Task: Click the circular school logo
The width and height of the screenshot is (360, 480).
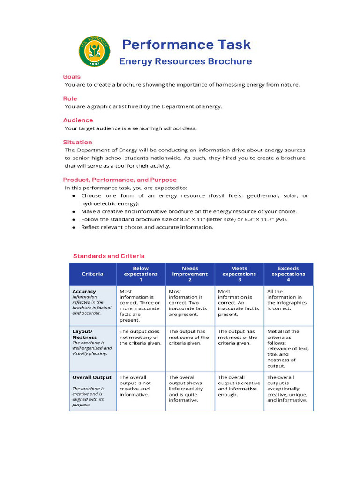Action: point(95,52)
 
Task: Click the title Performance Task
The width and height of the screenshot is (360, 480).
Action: point(186,45)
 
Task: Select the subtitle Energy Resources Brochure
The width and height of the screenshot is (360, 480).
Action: point(185,61)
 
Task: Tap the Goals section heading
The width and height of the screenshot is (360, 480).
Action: point(72,76)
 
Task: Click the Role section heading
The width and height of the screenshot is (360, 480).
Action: point(70,98)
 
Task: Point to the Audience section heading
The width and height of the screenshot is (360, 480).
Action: point(78,120)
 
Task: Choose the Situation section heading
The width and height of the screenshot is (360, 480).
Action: point(77,142)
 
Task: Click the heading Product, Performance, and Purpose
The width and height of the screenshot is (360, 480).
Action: point(120,180)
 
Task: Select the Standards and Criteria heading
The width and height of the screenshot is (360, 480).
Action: point(108,256)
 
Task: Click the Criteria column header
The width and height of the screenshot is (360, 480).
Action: point(92,274)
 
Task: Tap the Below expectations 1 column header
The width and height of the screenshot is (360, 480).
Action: point(141,274)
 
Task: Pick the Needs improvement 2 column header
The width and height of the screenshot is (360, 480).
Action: point(190,274)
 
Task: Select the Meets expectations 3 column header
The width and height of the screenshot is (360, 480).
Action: point(239,274)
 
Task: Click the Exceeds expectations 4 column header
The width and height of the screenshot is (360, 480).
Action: point(288,274)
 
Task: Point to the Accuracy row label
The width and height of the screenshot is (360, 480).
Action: point(84,291)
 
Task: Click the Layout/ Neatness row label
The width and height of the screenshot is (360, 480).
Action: point(84,334)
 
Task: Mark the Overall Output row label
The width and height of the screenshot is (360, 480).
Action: point(92,377)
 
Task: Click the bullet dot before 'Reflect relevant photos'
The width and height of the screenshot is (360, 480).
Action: point(74,227)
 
